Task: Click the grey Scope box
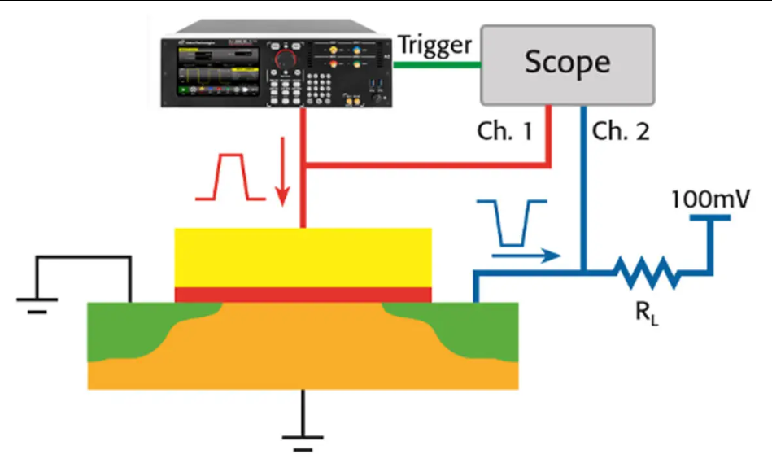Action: click(567, 63)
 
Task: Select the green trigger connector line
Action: click(439, 63)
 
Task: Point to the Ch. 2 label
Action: click(621, 132)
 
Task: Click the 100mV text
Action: click(709, 198)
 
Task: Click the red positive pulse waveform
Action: click(229, 178)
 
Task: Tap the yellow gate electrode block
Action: click(303, 257)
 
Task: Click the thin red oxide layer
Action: click(303, 294)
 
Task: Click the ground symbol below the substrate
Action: click(303, 440)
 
